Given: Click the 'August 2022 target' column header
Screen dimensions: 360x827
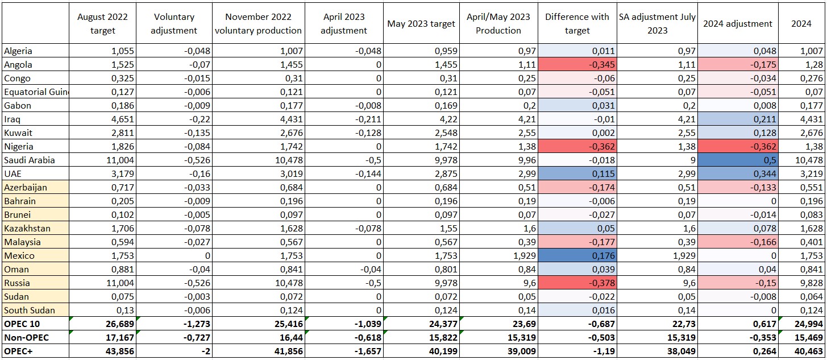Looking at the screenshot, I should coord(102,24).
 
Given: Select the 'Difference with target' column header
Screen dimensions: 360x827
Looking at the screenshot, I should coord(577,24).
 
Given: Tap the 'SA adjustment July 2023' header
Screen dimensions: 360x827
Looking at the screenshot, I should coord(656,24).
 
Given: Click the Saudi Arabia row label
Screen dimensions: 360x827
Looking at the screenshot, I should coord(30,160).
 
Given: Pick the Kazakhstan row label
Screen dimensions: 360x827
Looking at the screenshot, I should coord(27,228).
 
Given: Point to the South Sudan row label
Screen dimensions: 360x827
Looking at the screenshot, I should coord(29,310).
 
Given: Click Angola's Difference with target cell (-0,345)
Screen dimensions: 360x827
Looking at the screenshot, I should coord(577,64).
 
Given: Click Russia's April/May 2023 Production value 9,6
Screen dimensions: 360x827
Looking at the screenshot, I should coord(498,283).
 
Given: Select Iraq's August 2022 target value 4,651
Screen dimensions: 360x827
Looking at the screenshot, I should coord(102,119).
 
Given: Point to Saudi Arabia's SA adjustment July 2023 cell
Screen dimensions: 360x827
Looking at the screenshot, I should coord(656,160).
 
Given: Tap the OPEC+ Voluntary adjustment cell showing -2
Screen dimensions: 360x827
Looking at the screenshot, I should coord(174,351).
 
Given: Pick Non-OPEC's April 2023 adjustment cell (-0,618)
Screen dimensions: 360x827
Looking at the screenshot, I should coord(343,337).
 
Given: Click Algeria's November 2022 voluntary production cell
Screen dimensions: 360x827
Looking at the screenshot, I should coord(259,51).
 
